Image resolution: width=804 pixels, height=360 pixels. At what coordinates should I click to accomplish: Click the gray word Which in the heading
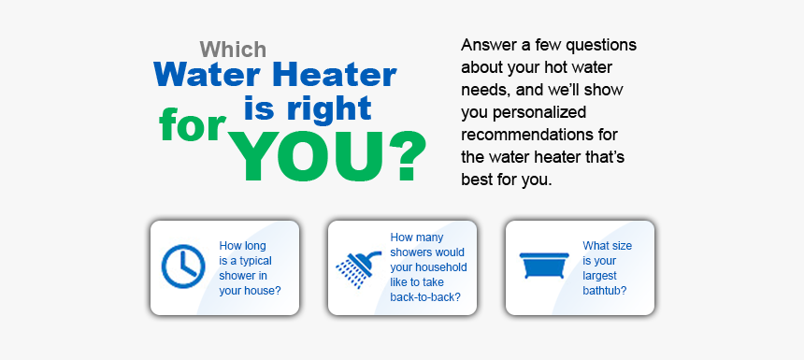(234, 50)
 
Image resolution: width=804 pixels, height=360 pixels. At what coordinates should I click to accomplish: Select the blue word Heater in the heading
(335, 75)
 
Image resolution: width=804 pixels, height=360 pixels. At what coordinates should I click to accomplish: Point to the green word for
(193, 125)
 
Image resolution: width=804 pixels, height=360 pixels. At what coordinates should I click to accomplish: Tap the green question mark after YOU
(407, 156)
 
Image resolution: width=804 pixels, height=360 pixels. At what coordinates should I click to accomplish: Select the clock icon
(183, 266)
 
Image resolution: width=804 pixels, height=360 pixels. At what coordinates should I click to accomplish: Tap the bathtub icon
(544, 266)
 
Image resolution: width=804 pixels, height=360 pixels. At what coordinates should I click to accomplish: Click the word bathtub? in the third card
(605, 290)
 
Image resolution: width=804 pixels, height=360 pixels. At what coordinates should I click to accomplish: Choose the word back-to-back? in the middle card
(425, 297)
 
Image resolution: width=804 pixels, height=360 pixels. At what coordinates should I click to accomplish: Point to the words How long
(242, 246)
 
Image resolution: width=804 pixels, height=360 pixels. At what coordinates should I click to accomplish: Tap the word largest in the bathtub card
(599, 276)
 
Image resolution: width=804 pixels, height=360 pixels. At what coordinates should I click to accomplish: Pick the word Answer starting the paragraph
(485, 45)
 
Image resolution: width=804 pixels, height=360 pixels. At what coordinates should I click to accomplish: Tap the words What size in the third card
(607, 246)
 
